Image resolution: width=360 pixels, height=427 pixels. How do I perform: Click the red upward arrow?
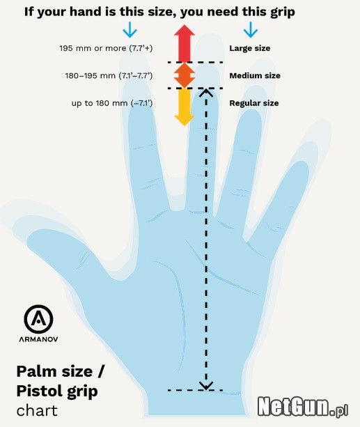185,43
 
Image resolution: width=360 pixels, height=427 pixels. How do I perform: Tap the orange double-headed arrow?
185,75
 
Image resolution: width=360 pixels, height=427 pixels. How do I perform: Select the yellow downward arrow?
185,107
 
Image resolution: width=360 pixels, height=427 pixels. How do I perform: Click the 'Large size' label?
250,48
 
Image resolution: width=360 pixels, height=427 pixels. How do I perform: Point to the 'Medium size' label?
255,75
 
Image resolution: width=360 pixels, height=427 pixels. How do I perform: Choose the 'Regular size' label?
253,103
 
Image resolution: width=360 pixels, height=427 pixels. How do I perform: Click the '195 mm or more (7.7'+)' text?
106,48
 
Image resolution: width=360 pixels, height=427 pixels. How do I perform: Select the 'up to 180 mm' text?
100,103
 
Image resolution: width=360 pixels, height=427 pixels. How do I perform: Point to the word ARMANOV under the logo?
38,339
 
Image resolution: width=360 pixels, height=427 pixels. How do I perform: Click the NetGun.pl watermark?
302,406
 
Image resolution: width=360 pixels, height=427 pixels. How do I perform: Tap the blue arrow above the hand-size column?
130,30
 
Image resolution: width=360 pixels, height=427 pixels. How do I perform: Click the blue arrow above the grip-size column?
250,30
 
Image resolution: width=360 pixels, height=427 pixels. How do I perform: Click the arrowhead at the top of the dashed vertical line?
206,93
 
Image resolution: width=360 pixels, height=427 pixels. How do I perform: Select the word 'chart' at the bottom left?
37,411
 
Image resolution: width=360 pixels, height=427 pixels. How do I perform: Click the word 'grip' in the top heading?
283,13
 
